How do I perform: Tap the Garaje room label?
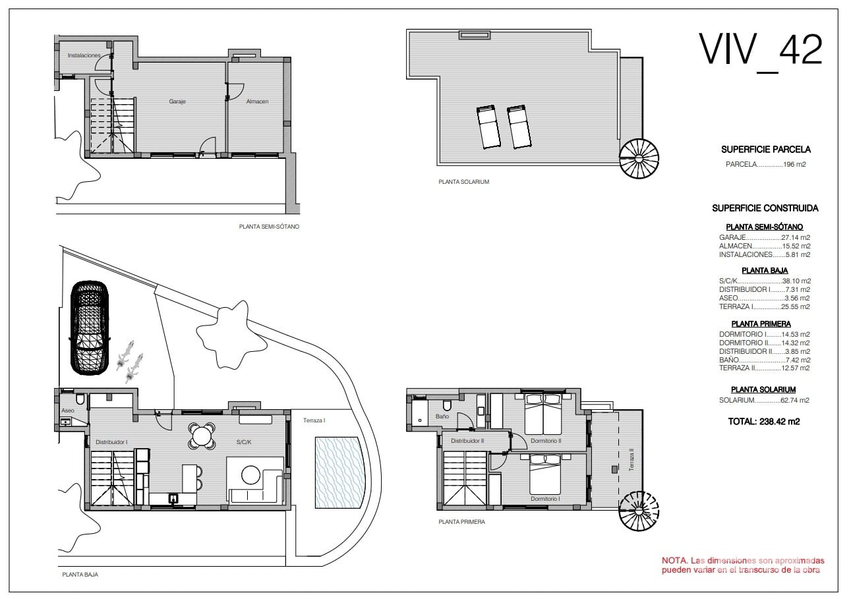(x=177, y=101)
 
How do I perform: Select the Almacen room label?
(x=257, y=101)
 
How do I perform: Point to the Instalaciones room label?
(x=84, y=55)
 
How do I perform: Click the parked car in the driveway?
(x=90, y=328)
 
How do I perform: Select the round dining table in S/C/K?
(x=202, y=436)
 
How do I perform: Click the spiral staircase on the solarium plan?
(x=639, y=159)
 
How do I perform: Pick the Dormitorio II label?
(x=546, y=441)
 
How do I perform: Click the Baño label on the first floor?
(x=442, y=416)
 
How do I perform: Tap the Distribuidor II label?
(x=467, y=441)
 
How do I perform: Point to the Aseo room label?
(x=68, y=411)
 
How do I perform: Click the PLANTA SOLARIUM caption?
(x=463, y=182)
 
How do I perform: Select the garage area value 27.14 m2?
(x=796, y=237)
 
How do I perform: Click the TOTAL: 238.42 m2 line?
(x=764, y=422)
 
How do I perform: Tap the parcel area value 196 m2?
(x=794, y=165)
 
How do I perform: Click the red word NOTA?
(x=674, y=560)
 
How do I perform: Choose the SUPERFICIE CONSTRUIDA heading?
(x=765, y=208)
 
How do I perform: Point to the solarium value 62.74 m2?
(x=795, y=400)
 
